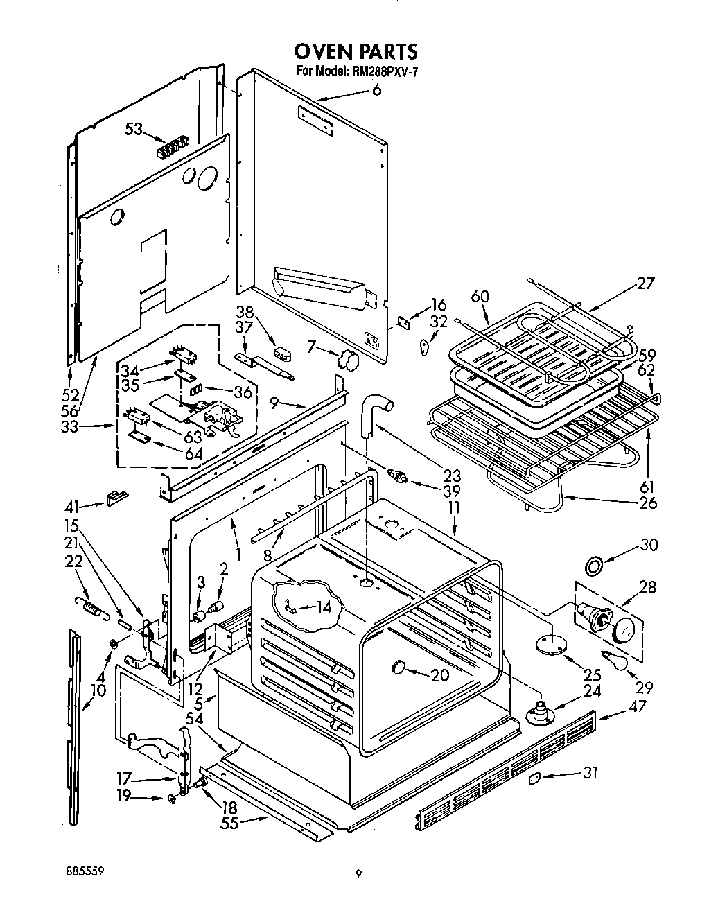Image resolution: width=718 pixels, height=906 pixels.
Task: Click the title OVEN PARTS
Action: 356,51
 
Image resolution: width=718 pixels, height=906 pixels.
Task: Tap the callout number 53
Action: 134,130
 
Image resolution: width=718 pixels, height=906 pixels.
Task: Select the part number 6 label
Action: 376,90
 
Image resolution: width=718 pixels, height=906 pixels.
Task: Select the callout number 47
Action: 638,706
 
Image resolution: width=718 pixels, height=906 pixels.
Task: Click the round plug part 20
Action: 399,666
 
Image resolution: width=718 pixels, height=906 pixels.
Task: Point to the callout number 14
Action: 323,607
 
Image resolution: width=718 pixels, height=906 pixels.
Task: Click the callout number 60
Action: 480,296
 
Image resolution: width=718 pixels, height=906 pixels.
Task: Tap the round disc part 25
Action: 552,645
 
